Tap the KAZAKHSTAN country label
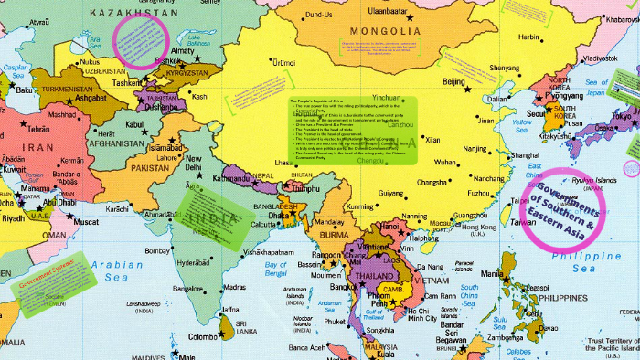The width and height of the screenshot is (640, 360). (133, 12)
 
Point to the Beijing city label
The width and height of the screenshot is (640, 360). (456, 81)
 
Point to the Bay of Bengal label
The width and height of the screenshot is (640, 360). (275, 269)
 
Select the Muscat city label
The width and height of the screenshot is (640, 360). (87, 221)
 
